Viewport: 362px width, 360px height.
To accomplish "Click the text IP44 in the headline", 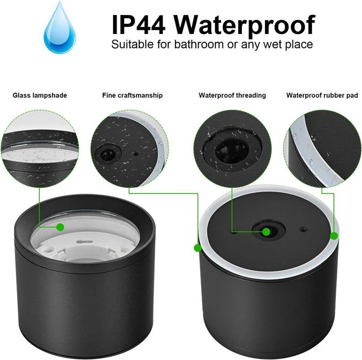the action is point(139,25).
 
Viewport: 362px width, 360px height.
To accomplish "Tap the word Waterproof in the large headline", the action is point(244,26).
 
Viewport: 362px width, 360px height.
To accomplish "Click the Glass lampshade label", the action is point(40,95).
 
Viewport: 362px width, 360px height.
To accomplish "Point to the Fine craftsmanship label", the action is point(133,95).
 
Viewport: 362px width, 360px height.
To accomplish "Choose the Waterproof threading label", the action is point(232,95).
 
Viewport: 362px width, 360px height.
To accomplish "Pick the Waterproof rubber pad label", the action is point(322,95).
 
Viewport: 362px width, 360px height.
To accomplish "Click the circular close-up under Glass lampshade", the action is point(40,148).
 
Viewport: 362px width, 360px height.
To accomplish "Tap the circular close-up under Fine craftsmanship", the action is point(129,148).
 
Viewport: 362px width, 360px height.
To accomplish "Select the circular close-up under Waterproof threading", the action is point(232,148).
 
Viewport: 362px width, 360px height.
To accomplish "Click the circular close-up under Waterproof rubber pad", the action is point(322,148).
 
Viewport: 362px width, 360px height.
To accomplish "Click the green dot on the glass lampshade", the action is point(60,227).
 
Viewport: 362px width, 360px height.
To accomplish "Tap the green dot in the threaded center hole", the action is point(266,232).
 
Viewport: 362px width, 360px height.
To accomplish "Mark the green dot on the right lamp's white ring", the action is point(334,236).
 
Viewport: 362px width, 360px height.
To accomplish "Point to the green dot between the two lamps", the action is point(198,248).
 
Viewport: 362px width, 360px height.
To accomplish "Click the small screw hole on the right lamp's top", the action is point(303,230).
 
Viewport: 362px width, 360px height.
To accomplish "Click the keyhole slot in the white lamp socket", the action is point(84,242).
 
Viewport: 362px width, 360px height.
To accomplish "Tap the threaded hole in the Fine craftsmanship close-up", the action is point(108,153).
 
